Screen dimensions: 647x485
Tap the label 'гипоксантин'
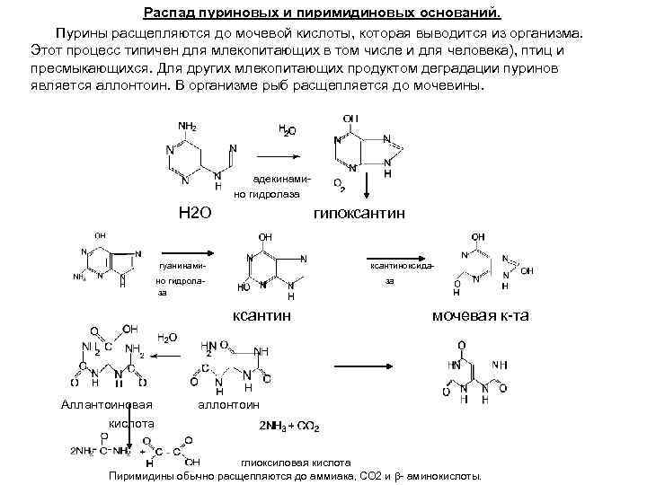tap(359, 213)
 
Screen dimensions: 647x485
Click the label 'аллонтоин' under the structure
tap(227, 404)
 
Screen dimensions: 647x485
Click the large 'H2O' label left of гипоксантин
tap(195, 213)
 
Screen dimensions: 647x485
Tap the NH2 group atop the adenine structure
tap(188, 126)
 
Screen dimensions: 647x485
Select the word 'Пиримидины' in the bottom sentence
tap(144, 476)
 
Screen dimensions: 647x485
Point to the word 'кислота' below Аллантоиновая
tap(131, 422)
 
